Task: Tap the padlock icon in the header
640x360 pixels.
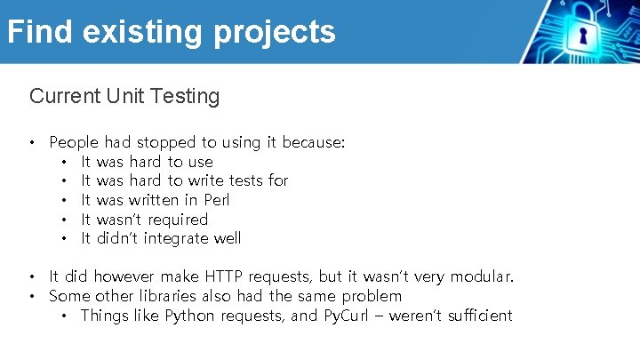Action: (x=583, y=33)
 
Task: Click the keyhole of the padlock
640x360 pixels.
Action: (x=583, y=37)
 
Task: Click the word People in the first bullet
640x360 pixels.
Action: (x=75, y=142)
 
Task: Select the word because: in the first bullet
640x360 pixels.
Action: (x=314, y=142)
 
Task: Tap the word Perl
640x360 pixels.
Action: (x=217, y=200)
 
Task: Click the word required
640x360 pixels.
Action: (x=178, y=220)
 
